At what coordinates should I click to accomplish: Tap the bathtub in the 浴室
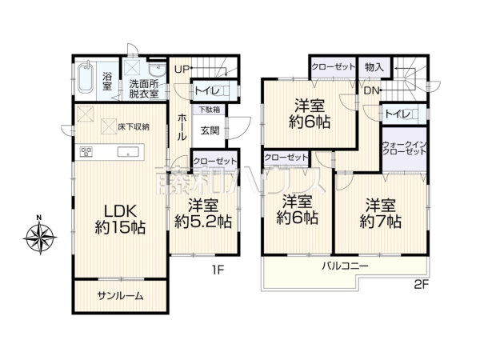(87, 80)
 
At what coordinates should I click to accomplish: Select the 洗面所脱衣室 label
(144, 89)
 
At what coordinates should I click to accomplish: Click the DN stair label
(370, 91)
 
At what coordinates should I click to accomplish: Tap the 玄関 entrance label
(210, 130)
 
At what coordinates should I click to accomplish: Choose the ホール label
(182, 126)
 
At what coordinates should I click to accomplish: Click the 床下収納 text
(134, 126)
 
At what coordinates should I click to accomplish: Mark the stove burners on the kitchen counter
(86, 152)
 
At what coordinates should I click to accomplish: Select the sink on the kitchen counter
(125, 152)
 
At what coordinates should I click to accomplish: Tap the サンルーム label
(122, 295)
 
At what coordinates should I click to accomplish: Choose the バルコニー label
(345, 264)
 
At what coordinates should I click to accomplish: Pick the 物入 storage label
(372, 68)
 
